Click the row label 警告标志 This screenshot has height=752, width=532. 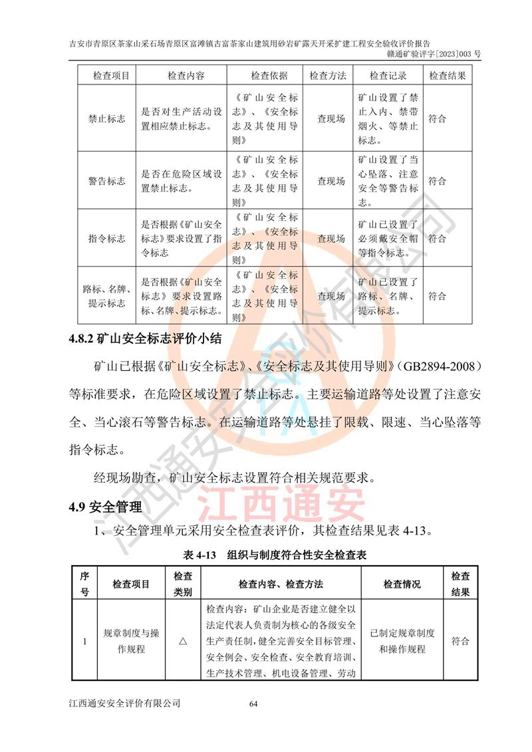tap(106, 181)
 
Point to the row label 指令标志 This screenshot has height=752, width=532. tap(106, 239)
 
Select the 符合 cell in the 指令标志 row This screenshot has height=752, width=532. tap(437, 239)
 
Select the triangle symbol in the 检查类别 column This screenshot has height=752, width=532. tap(183, 642)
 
